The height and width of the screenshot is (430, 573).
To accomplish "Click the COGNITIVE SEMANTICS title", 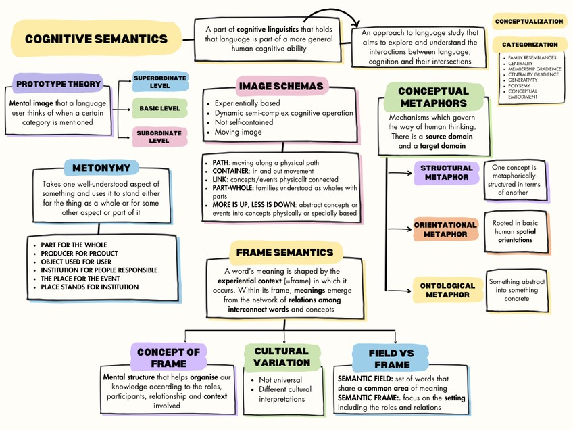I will point(96,39).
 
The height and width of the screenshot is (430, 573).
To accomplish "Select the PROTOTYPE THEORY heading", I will point(58,85).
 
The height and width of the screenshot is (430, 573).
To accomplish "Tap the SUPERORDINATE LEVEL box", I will point(159,82).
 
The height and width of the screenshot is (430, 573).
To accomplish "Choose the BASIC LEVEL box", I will point(159,108).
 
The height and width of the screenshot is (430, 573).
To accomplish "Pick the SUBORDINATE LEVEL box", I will point(159,137).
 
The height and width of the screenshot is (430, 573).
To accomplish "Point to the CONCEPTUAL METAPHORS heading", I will point(433,97).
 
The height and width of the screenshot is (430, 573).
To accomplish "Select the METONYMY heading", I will point(101,168).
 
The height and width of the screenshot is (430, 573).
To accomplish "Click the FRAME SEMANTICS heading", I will point(284,253).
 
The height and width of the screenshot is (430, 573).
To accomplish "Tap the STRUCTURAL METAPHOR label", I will point(446,172).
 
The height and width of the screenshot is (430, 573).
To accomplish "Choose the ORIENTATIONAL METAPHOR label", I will point(445,229).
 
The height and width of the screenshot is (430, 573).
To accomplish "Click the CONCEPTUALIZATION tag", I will point(529,22).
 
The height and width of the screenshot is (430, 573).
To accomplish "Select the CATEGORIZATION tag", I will point(530,45).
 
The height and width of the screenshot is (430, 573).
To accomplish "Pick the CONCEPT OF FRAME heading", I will point(168,358).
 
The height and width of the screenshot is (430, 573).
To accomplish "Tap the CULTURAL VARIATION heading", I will point(282,356).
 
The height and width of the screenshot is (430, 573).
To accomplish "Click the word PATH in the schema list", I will point(220,163).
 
